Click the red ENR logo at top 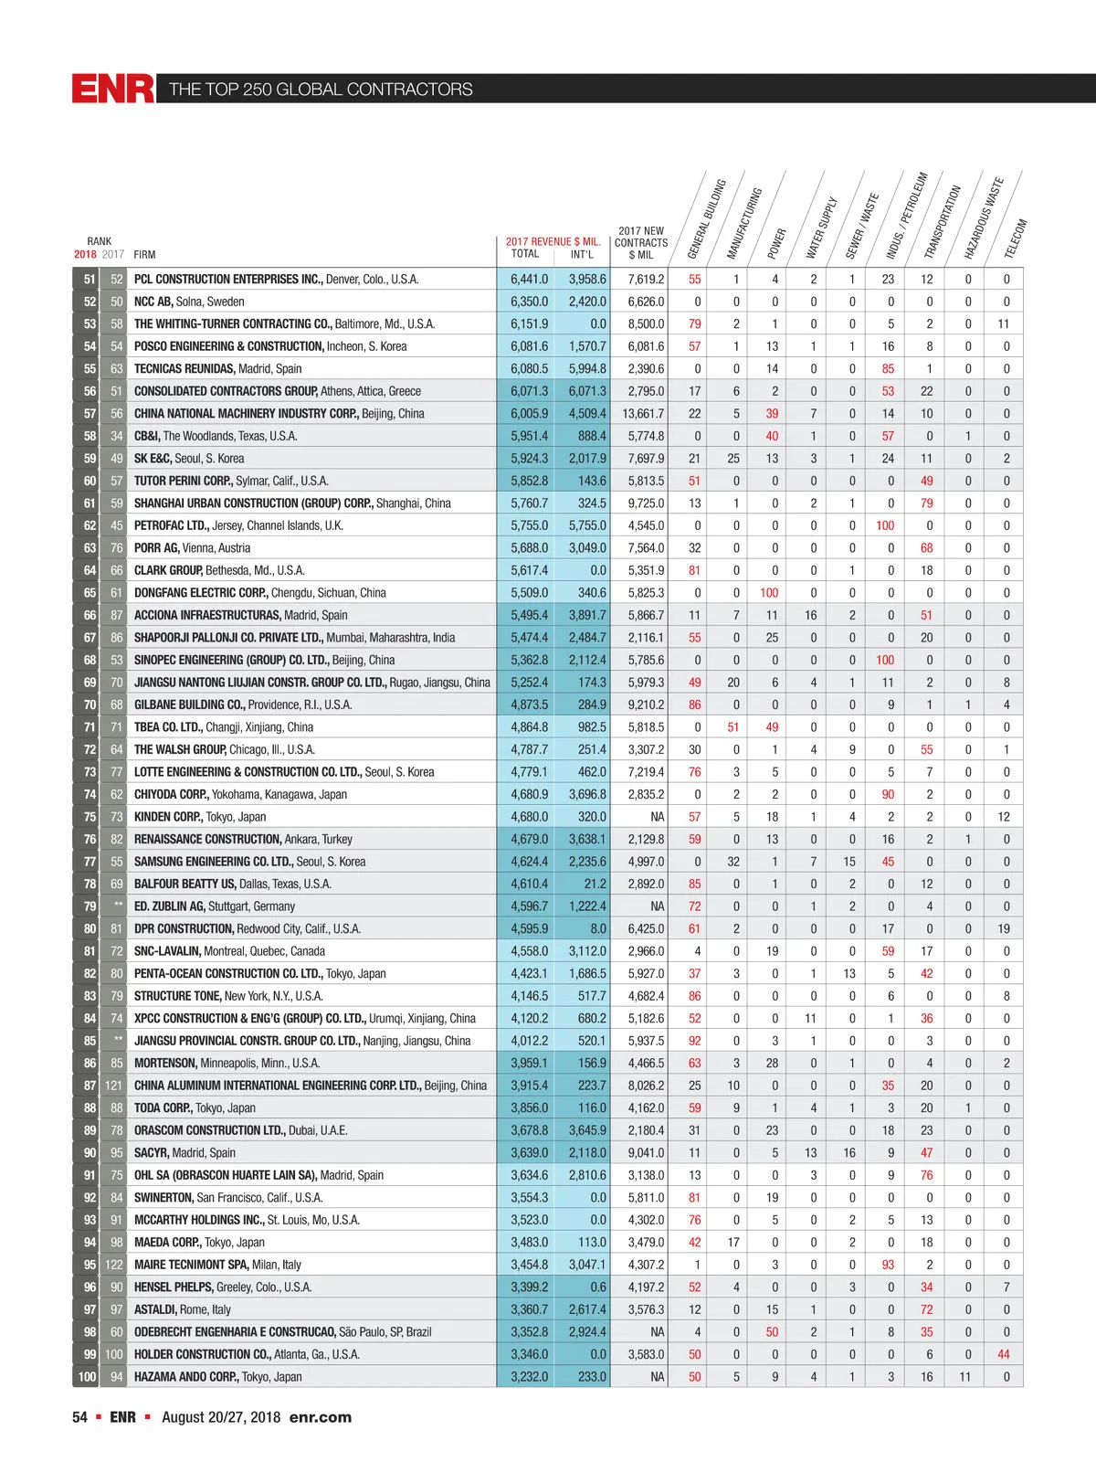click(x=113, y=89)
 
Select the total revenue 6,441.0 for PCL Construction click(x=530, y=280)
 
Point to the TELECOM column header click(x=1016, y=238)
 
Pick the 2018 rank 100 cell click(x=87, y=1377)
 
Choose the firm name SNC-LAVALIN click(x=167, y=951)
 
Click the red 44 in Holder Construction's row click(x=1004, y=1354)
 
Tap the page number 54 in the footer click(x=79, y=1417)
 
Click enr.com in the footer click(x=320, y=1417)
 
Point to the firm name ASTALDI click(x=155, y=1309)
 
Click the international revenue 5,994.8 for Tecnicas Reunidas click(x=587, y=369)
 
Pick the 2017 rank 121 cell click(x=113, y=1086)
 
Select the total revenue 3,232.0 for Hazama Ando click(x=530, y=1377)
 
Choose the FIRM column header click(x=144, y=255)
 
